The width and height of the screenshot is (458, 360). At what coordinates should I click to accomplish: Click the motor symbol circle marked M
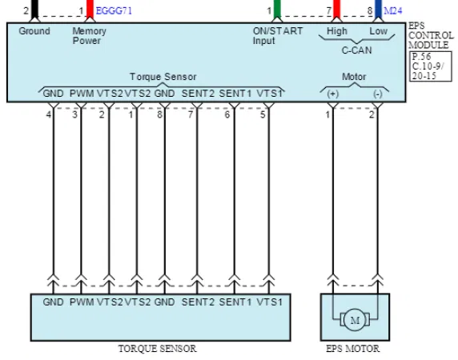pyautogui.click(x=355, y=320)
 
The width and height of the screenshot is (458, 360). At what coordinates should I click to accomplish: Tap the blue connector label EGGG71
pyautogui.click(x=114, y=10)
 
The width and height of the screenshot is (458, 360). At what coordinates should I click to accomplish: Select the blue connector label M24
pyautogui.click(x=393, y=10)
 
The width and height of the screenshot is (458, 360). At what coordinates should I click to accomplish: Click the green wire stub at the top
pyautogui.click(x=277, y=9)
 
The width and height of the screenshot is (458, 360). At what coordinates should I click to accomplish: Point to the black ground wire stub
pyautogui.click(x=34, y=9)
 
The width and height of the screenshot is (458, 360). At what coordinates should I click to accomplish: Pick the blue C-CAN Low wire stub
pyautogui.click(x=378, y=9)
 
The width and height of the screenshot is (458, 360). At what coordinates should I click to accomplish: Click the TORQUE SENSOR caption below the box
pyautogui.click(x=157, y=349)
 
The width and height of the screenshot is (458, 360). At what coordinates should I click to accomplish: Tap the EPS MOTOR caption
pyautogui.click(x=353, y=349)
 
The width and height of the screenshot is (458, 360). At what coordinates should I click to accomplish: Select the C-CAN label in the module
pyautogui.click(x=356, y=50)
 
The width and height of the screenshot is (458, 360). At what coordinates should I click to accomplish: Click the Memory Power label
pyautogui.click(x=89, y=35)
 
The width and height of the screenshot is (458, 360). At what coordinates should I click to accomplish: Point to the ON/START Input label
pyautogui.click(x=278, y=35)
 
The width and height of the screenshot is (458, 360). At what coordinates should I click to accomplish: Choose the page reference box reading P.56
pyautogui.click(x=431, y=66)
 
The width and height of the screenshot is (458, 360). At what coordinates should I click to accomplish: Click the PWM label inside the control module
pyautogui.click(x=82, y=94)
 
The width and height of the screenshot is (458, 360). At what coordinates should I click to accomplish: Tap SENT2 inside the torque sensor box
pyautogui.click(x=198, y=302)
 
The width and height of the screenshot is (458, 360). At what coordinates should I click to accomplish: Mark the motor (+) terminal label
pyautogui.click(x=333, y=94)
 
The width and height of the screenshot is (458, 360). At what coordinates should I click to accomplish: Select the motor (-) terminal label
pyautogui.click(x=378, y=94)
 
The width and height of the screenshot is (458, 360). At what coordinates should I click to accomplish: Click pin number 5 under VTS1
pyautogui.click(x=263, y=114)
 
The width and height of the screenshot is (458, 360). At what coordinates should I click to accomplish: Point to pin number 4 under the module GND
pyautogui.click(x=49, y=114)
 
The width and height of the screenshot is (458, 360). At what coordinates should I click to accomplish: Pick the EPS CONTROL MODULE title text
pyautogui.click(x=431, y=35)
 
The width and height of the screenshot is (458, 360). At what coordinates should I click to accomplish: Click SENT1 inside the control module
pyautogui.click(x=235, y=94)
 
